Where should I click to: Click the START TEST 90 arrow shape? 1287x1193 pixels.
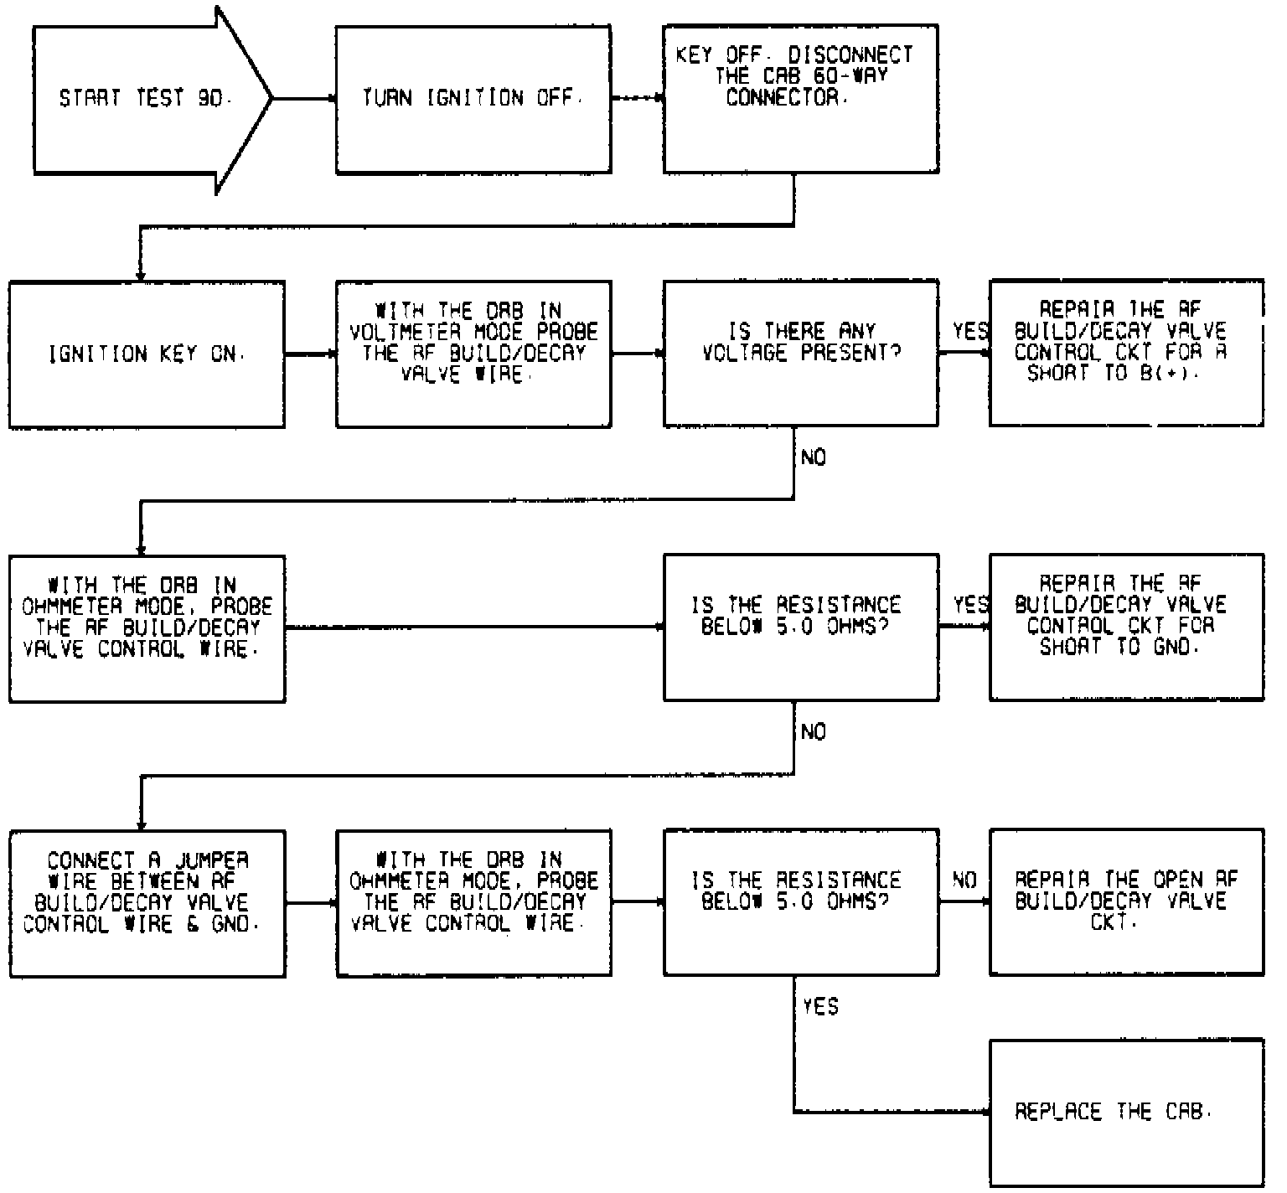coord(142,99)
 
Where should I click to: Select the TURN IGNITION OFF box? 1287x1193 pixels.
coord(473,99)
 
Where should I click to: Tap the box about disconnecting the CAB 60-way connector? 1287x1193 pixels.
coord(800,99)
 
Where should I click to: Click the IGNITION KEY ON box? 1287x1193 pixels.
coord(147,354)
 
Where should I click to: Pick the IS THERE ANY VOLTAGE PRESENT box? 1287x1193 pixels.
coord(800,354)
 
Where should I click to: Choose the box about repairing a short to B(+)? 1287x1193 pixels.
coord(1126,353)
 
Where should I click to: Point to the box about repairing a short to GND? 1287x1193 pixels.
coord(1126,627)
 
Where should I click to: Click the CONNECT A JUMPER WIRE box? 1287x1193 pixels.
coord(147,903)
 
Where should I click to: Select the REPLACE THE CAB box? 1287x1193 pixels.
coord(1126,1112)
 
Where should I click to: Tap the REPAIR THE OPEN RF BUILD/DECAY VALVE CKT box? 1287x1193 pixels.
coord(1126,901)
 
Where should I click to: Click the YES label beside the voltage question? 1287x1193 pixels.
coord(969,332)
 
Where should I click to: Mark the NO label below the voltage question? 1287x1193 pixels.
coord(813,457)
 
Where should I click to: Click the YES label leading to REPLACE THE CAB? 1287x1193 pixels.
coord(819,1006)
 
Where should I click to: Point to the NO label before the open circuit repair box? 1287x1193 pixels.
coord(964,881)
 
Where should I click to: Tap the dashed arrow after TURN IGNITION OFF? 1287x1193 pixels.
coord(637,99)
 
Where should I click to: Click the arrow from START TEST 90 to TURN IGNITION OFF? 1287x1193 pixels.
coord(304,99)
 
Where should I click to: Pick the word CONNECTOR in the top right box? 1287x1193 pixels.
coord(782,98)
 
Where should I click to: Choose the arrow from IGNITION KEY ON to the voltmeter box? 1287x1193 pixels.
coord(310,354)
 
